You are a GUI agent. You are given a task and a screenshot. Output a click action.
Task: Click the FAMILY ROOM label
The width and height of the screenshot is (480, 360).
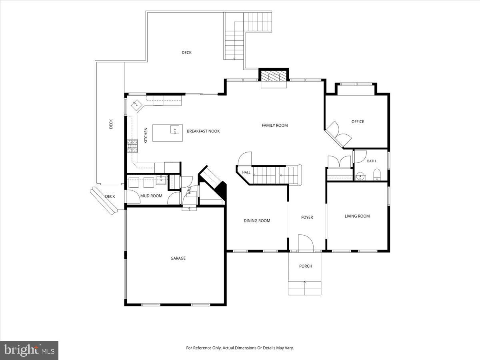click(x=275, y=126)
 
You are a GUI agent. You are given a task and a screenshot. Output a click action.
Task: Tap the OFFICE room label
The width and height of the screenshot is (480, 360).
click(x=358, y=122)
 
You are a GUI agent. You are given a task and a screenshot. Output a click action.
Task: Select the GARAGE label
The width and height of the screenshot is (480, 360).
click(x=178, y=258)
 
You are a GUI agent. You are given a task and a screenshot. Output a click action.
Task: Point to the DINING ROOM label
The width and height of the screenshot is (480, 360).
click(x=257, y=221)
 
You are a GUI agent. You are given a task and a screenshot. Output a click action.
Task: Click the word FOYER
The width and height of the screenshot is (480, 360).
click(x=307, y=217)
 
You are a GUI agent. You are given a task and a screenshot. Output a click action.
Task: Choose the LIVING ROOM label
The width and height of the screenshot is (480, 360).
click(x=357, y=216)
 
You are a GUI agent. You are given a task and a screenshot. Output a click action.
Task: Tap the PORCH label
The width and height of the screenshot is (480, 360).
click(x=306, y=266)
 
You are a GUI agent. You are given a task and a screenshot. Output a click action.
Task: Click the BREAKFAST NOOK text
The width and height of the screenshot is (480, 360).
click(x=203, y=131)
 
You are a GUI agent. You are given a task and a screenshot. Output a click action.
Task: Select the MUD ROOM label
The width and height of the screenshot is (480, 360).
click(x=151, y=196)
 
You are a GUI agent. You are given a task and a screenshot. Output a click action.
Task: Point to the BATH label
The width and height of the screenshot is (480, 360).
click(x=371, y=161)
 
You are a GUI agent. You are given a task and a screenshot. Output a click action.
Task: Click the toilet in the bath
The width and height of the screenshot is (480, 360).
click(x=377, y=175)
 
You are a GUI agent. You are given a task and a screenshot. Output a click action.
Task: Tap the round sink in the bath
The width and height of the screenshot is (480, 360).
click(x=360, y=176)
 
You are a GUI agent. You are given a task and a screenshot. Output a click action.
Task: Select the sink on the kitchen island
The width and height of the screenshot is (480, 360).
click(x=175, y=130)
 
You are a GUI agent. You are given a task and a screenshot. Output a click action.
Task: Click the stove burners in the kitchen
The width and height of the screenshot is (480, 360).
click(x=133, y=146)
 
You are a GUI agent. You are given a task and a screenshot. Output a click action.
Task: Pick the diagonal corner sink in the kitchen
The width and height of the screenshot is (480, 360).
click(x=137, y=106)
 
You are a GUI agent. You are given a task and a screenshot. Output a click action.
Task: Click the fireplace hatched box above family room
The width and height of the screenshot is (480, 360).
click(x=274, y=76)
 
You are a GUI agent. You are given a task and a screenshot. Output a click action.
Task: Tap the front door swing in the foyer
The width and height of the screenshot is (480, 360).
click(x=306, y=242)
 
